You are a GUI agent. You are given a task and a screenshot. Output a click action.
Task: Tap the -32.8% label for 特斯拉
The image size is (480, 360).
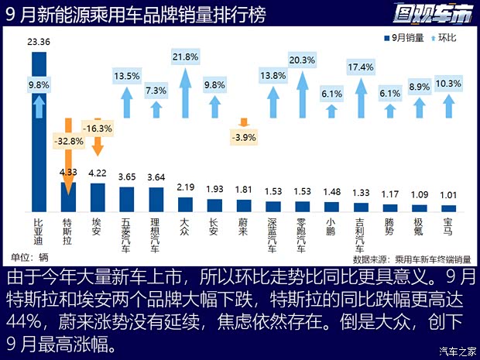pyautogui.click(x=67, y=141)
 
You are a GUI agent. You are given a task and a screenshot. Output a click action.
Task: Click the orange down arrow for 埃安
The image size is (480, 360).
pyautogui.click(x=98, y=146)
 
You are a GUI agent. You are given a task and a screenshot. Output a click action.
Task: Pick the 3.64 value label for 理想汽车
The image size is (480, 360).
pyautogui.click(x=156, y=177)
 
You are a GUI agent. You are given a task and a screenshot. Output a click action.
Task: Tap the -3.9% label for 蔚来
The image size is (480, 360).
pyautogui.click(x=244, y=137)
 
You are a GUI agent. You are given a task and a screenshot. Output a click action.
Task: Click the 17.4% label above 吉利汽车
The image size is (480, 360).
pyautogui.click(x=361, y=67)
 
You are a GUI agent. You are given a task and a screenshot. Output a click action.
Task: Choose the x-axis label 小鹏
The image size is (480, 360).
pyautogui.click(x=331, y=225)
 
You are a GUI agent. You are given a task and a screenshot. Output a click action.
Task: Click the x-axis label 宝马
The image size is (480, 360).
pyautogui.click(x=449, y=225)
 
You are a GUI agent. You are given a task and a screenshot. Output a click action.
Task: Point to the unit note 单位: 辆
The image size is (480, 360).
pyautogui.click(x=27, y=256)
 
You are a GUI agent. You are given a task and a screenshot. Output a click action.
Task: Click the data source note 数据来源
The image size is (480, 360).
pyautogui.click(x=414, y=258)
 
